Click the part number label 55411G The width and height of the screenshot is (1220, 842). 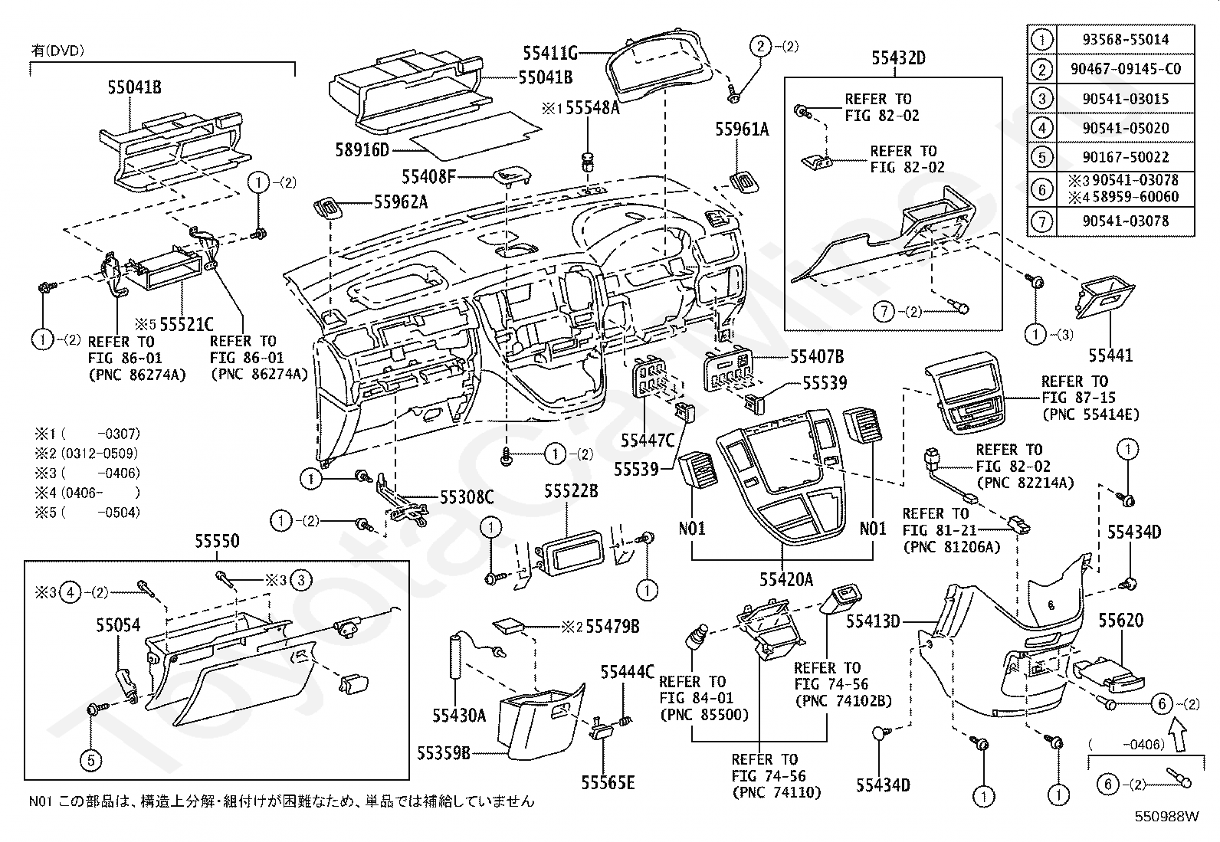click(x=550, y=54)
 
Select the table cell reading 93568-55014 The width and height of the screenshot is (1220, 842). click(x=1125, y=39)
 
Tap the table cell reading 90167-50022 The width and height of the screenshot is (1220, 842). click(x=1125, y=157)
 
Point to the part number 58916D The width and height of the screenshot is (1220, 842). click(x=362, y=149)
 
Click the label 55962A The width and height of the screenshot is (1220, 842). click(x=401, y=202)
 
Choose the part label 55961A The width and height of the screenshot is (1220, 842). click(x=742, y=129)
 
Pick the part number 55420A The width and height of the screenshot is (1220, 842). click(x=786, y=580)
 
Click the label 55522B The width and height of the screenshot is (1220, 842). click(x=571, y=491)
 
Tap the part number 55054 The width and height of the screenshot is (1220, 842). click(x=118, y=624)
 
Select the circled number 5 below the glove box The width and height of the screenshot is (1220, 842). click(x=91, y=760)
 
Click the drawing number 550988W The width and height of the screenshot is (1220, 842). click(x=1166, y=817)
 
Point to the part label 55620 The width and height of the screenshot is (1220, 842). click(x=1121, y=621)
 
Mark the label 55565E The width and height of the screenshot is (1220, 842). click(x=608, y=783)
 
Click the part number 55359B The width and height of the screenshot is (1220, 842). click(x=444, y=752)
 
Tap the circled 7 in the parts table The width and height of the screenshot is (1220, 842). click(x=1042, y=221)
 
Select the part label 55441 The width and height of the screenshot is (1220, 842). click(x=1110, y=355)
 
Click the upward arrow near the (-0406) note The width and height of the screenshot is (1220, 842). click(x=1178, y=736)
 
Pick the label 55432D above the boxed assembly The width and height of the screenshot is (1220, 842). click(x=898, y=57)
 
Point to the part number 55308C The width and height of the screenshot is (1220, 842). click(x=467, y=497)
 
